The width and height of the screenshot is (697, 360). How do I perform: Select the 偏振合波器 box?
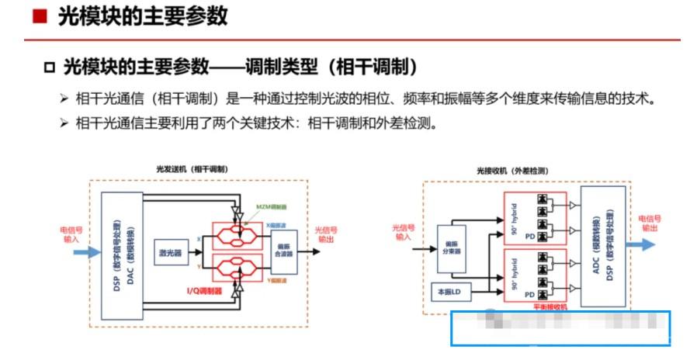point(283,247)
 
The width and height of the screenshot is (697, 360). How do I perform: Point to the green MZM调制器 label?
point(272,207)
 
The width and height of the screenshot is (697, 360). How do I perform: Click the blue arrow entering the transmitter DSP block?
point(88,252)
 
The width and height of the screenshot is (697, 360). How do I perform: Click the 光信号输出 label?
point(326,234)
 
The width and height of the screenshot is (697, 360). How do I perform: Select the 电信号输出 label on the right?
point(653,223)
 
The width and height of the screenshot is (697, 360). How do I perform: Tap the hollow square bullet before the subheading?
point(50,67)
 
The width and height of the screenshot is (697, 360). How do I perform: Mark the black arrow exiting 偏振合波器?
point(305,247)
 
